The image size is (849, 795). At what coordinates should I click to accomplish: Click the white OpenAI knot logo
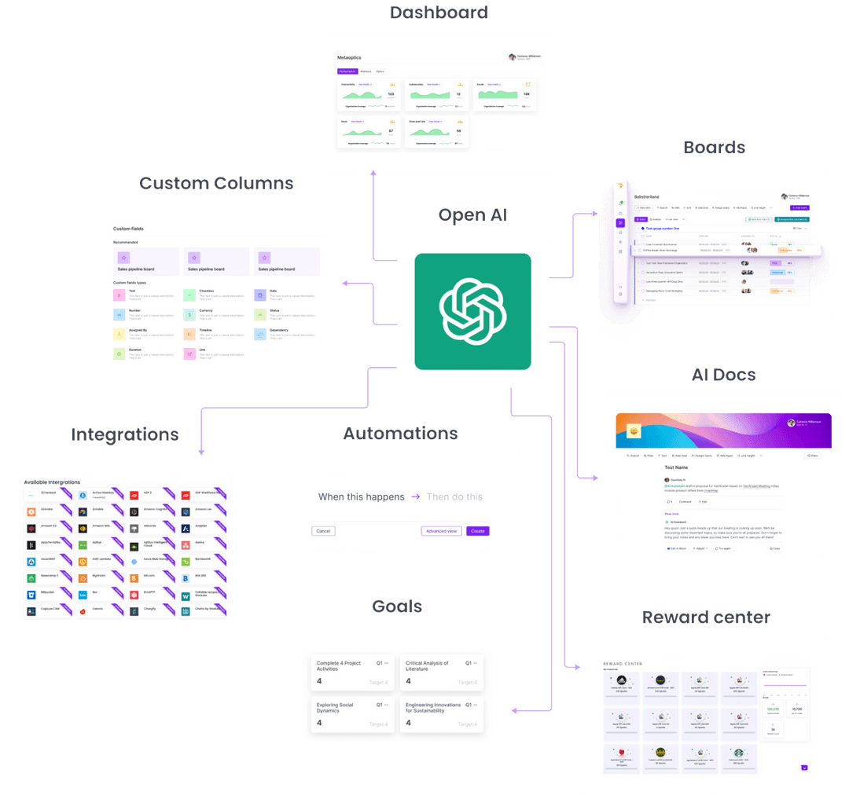point(472,311)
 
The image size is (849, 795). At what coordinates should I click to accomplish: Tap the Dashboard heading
point(439,13)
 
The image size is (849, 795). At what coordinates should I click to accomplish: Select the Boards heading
point(714,147)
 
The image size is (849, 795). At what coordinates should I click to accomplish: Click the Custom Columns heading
point(216,183)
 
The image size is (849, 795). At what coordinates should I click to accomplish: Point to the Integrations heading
point(125,434)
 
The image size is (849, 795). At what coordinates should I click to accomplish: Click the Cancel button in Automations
point(323,531)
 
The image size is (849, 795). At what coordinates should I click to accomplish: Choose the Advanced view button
point(441,531)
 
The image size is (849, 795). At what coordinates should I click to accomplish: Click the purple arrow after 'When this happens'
point(416,496)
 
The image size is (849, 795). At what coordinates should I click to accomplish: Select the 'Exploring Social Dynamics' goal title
point(335,708)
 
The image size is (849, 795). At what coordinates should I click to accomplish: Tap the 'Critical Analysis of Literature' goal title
point(427,666)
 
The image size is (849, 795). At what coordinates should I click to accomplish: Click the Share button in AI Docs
point(812,455)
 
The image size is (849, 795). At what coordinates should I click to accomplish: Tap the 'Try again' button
point(722,548)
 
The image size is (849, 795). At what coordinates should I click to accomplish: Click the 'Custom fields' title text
point(128,229)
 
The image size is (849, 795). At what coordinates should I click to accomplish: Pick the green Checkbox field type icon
point(189,295)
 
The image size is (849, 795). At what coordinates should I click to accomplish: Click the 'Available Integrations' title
point(53,482)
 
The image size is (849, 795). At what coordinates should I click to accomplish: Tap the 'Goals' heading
point(397,606)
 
